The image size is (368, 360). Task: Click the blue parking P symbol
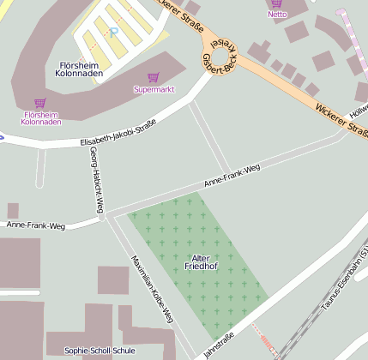coord(113,33)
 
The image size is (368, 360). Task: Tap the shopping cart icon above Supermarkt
coord(153,77)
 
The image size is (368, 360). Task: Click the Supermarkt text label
coord(153,89)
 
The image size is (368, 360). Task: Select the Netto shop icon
coord(277,3)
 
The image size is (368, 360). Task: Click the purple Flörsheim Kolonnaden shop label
coord(42,117)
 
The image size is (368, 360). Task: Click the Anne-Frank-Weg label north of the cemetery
coord(232,177)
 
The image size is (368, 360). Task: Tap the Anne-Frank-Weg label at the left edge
coord(36,225)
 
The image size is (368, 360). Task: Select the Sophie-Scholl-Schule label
coord(100,351)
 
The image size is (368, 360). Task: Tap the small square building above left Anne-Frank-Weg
coord(13,211)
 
